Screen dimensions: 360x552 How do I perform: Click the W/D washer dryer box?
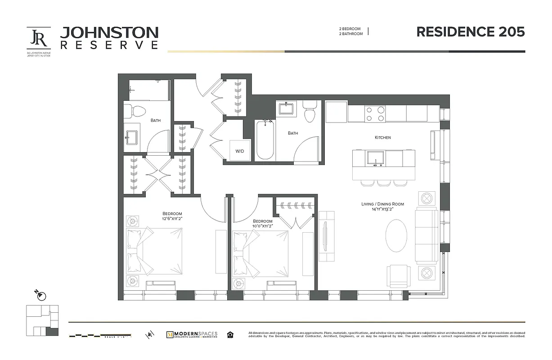coord(239,151)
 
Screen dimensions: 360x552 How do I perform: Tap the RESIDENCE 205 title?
coord(470,32)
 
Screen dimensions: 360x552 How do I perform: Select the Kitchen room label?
coord(383,137)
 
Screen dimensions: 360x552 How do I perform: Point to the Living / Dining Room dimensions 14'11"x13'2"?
coord(382,209)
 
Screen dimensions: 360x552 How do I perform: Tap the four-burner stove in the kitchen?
coord(375,113)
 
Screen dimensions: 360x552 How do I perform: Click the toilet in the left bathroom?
coord(135,110)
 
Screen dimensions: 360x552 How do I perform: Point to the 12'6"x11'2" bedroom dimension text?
coord(172,218)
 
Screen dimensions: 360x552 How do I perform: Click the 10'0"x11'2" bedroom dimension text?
coord(262,226)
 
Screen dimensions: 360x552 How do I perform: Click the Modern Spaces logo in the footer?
coord(192,334)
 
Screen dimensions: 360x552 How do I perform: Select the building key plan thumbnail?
coord(42,320)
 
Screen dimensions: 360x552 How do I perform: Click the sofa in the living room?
coord(426,236)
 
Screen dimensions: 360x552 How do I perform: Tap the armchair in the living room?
coord(399,275)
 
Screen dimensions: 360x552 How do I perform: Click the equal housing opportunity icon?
coord(230,334)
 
